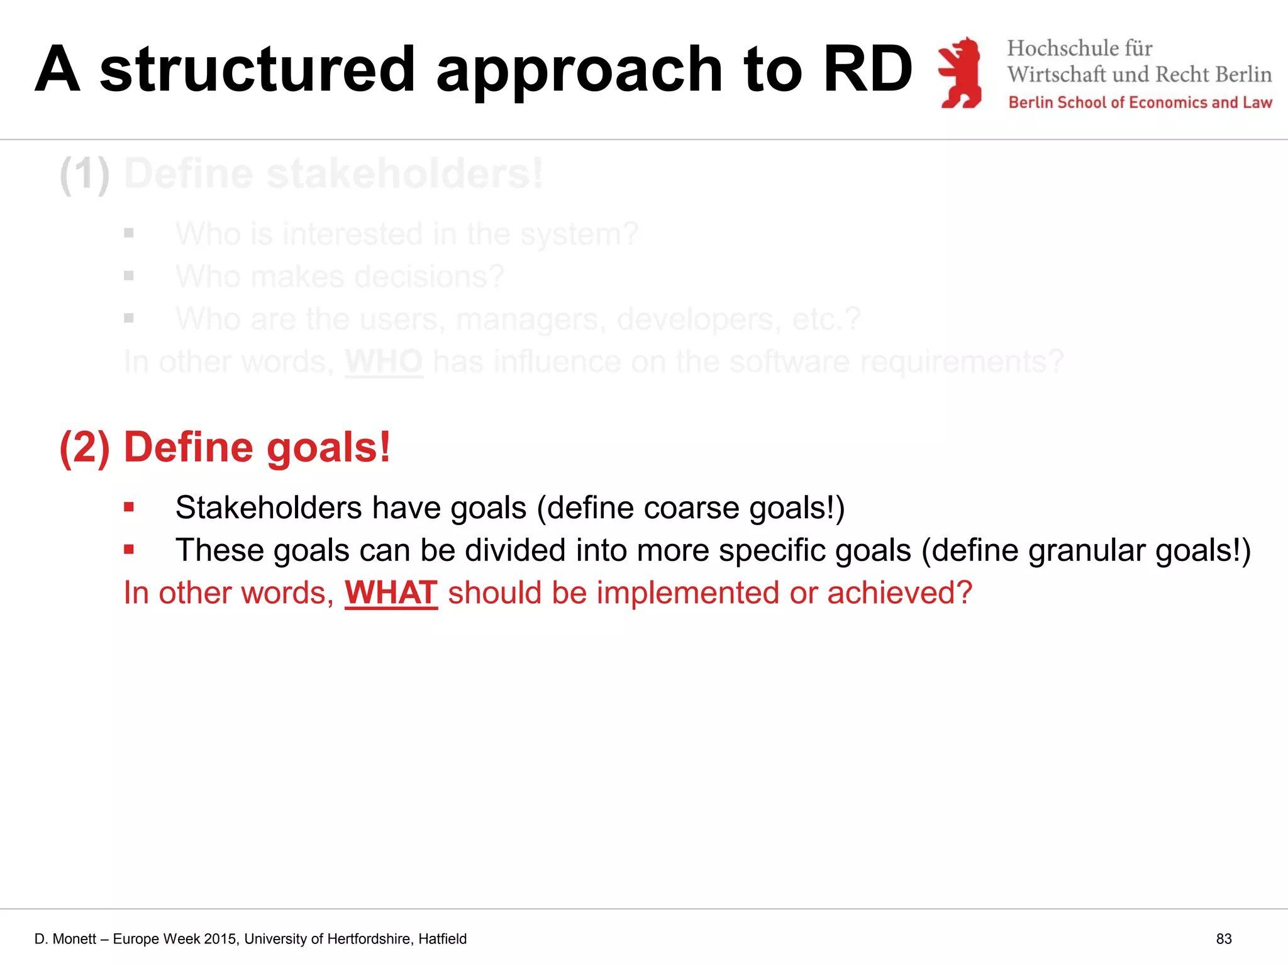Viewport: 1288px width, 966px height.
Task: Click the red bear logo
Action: click(960, 72)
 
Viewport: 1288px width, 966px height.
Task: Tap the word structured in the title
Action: click(258, 69)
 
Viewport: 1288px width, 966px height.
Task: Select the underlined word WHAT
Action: click(391, 592)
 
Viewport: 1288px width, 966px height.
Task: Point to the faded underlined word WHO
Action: click(384, 362)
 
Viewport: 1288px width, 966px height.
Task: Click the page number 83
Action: click(1223, 939)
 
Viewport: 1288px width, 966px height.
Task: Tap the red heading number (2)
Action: click(85, 448)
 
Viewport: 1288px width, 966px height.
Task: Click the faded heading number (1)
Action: click(85, 174)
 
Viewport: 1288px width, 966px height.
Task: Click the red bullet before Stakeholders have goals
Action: click(129, 507)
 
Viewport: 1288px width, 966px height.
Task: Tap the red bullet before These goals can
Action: click(129, 550)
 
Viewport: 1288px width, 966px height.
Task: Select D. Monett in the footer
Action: click(65, 939)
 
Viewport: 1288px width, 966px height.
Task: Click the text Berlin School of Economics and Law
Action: click(1140, 103)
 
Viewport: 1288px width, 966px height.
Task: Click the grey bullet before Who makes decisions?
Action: click(129, 275)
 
